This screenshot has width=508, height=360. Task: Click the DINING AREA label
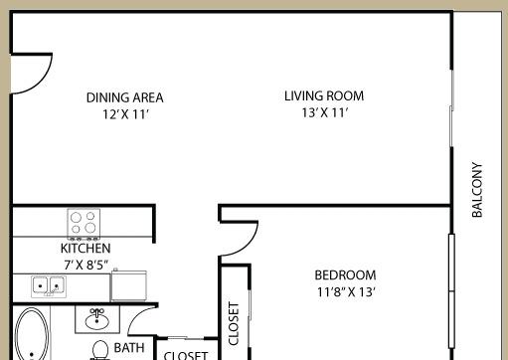(x=124, y=97)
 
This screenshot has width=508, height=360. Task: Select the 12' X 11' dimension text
(x=124, y=113)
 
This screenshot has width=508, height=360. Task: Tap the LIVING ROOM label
(x=324, y=96)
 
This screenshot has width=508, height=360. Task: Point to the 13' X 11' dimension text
(x=324, y=112)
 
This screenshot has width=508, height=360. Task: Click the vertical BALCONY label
(x=477, y=190)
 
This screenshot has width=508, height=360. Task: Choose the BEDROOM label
(x=345, y=275)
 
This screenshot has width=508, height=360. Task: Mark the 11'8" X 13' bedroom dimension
(x=345, y=292)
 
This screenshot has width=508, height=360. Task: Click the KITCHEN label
(x=85, y=248)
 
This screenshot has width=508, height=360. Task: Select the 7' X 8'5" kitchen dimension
(x=85, y=265)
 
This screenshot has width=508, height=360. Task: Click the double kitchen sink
(x=47, y=286)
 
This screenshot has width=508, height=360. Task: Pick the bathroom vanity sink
(x=97, y=319)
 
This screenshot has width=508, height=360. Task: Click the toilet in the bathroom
(x=100, y=349)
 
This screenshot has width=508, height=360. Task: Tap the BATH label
(x=129, y=348)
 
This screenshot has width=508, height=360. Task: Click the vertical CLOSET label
(x=235, y=323)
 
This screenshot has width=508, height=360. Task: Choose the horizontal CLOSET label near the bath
(x=185, y=354)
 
